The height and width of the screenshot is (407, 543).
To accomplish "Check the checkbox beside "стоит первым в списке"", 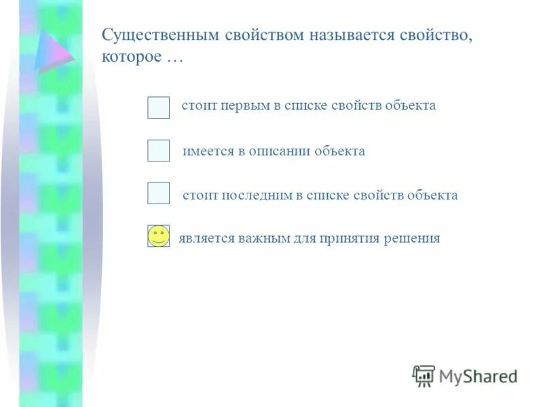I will [x=158, y=107].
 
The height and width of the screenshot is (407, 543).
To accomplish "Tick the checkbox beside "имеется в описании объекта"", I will [x=158, y=151].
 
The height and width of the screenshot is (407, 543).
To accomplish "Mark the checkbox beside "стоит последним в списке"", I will [x=158, y=193].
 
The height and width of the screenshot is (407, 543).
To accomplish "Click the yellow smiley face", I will [x=158, y=236].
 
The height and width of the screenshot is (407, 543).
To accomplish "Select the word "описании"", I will [x=277, y=151].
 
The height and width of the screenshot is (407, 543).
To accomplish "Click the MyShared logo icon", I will [x=424, y=375].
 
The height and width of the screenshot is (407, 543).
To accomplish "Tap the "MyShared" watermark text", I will [x=478, y=376].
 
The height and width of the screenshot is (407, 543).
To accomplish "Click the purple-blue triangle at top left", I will [x=54, y=51].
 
